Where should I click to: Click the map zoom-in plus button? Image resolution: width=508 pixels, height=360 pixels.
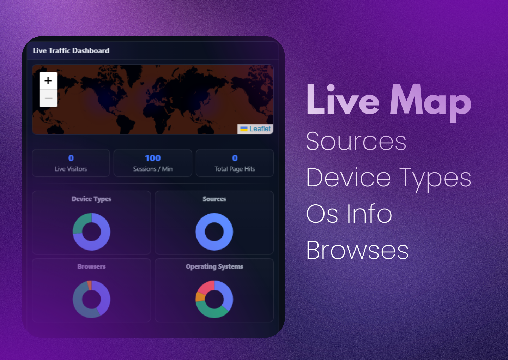48,80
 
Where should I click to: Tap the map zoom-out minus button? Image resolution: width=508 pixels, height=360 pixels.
48,98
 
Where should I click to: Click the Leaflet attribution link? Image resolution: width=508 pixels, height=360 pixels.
260,129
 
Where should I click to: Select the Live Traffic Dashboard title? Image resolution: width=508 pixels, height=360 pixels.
71,50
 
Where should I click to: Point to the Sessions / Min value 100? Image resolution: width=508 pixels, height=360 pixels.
153,158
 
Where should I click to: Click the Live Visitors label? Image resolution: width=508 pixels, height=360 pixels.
71,169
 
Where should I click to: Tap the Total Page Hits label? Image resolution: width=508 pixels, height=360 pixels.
235,169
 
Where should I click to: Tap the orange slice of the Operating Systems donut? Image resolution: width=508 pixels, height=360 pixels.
200,297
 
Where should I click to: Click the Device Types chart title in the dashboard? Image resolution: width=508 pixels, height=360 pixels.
91,199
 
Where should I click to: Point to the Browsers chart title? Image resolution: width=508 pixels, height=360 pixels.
91,266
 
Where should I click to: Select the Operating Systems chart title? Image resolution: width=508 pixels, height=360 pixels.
214,266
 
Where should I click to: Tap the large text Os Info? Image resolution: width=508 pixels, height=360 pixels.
349,214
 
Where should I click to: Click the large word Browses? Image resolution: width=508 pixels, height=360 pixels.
357,250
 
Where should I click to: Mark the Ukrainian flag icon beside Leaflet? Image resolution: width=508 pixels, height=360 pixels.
244,129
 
